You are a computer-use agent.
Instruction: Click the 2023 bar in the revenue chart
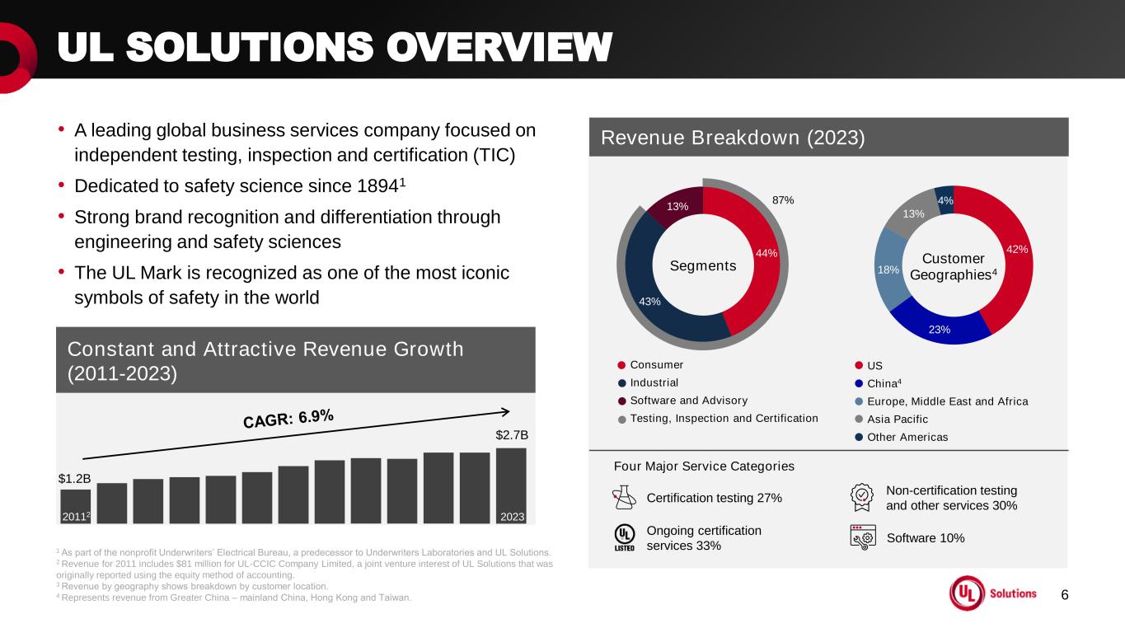(x=511, y=485)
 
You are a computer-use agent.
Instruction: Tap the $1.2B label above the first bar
(x=74, y=478)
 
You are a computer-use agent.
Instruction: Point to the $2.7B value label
(x=512, y=435)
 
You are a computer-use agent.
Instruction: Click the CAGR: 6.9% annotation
(x=288, y=419)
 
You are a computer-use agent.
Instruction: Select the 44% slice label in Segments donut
(x=766, y=253)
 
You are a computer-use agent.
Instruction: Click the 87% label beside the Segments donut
(x=783, y=200)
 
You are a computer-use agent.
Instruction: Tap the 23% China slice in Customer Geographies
(x=940, y=329)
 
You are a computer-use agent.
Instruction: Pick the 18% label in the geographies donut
(x=888, y=270)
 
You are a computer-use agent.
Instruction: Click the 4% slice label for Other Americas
(x=945, y=200)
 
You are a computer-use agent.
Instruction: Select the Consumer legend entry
(x=650, y=365)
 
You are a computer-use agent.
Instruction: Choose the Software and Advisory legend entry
(x=682, y=401)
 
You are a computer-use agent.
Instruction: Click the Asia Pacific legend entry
(x=892, y=419)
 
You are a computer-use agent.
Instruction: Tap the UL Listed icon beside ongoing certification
(x=624, y=537)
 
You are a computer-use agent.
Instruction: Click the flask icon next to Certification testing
(x=624, y=497)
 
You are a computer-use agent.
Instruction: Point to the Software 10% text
(x=926, y=538)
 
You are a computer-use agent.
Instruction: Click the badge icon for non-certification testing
(x=861, y=497)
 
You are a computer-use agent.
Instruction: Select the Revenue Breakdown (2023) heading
(x=733, y=138)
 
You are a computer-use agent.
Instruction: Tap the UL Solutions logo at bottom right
(x=993, y=593)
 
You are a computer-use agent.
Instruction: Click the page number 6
(x=1064, y=595)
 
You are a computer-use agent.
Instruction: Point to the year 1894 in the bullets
(x=377, y=186)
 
